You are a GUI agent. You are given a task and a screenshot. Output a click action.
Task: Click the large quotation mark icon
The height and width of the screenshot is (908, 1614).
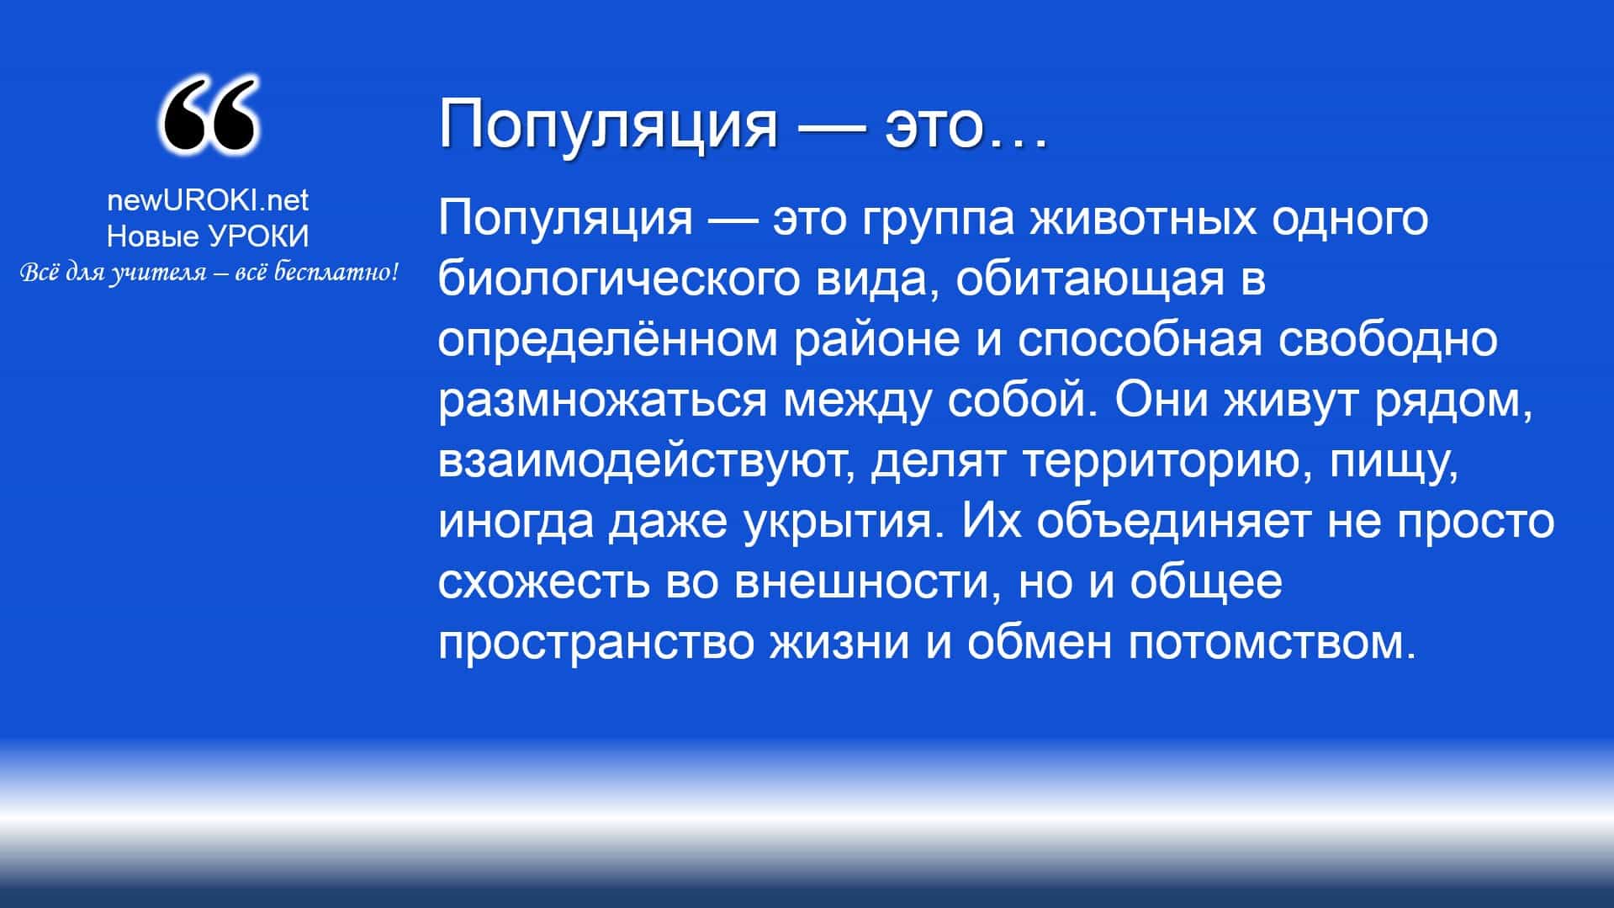[x=208, y=117]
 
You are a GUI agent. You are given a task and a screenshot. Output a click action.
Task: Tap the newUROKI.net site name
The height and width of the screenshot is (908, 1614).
[x=208, y=199]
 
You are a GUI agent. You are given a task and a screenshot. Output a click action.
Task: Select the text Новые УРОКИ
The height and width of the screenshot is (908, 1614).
[x=208, y=236]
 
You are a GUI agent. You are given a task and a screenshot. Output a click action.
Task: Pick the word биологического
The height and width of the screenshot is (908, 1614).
[x=620, y=279]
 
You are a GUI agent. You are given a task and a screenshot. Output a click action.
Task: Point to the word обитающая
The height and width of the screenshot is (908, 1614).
[x=1088, y=279]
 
